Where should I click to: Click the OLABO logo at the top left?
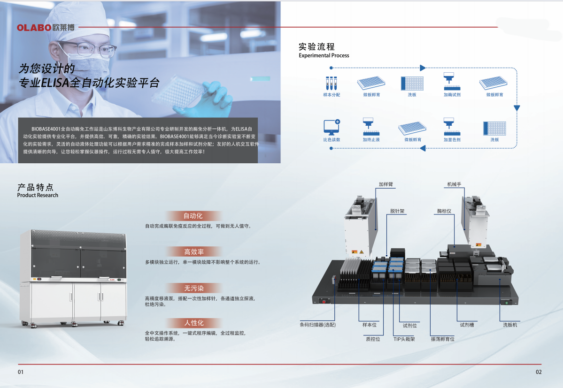[x=46, y=28]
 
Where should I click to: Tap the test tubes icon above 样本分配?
[x=332, y=84]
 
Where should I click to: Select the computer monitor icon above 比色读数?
[x=332, y=128]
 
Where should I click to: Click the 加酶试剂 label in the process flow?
[x=452, y=95]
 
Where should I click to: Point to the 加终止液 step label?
[x=371, y=140]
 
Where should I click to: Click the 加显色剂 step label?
[x=452, y=140]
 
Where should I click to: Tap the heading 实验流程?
[x=316, y=47]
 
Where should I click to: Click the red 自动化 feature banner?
[x=193, y=216]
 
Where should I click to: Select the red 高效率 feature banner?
[x=193, y=252]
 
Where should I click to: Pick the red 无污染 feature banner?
[x=193, y=288]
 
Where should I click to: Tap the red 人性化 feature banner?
[x=193, y=323]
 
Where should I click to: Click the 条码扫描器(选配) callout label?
[x=318, y=325]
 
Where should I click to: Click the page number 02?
[x=539, y=372]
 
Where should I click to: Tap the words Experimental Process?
[x=324, y=55]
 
